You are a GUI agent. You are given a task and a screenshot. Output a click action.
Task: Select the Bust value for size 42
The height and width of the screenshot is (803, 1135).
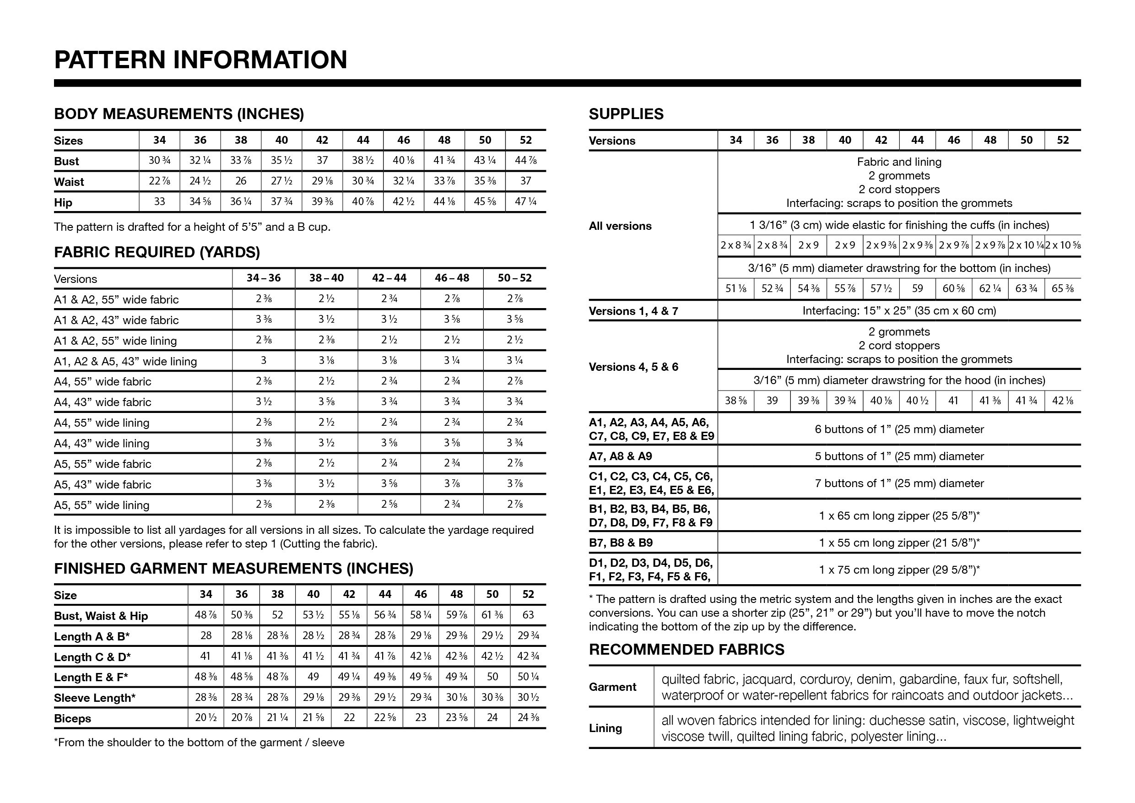322,161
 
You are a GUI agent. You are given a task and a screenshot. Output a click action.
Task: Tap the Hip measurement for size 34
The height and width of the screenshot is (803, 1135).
159,202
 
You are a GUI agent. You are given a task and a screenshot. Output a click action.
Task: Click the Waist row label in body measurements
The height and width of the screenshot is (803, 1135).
69,182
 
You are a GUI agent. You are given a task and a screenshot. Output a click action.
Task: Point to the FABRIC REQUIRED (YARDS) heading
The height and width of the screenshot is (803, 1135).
157,252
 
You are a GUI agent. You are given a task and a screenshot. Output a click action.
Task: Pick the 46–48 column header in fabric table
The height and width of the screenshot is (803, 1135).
451,278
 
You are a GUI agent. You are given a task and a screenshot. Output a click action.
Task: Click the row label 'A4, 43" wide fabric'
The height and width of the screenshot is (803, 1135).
103,402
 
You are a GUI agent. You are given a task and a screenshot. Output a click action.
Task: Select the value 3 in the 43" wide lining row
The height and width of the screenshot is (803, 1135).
264,360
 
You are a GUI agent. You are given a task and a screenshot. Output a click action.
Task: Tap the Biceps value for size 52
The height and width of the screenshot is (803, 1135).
528,717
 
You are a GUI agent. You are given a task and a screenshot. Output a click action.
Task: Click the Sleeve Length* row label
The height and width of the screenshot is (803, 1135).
94,698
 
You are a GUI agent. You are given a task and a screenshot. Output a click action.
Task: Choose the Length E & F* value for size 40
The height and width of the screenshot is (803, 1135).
313,677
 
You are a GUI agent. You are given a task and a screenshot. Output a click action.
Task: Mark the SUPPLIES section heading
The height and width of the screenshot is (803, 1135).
626,114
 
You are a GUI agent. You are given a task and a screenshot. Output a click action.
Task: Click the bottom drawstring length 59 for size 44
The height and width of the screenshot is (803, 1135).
917,289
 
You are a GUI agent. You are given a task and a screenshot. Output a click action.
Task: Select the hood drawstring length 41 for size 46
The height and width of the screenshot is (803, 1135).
953,401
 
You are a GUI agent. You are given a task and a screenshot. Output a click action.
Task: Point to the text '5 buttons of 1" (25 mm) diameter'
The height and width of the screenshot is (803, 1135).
899,456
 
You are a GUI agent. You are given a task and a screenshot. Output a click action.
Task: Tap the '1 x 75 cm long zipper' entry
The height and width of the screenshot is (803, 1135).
899,570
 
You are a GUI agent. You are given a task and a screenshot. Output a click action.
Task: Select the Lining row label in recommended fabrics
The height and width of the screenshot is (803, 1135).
605,728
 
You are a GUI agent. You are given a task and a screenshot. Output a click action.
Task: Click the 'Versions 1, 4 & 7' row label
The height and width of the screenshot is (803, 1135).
633,311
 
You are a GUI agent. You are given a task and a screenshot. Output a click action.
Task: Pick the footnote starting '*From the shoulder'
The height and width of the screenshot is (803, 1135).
199,742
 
